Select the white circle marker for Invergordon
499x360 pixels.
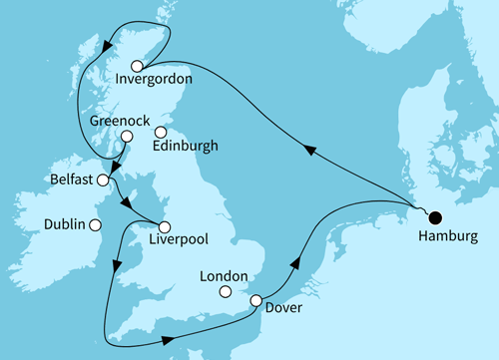tap(138, 65)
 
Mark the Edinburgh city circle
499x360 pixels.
tap(161, 131)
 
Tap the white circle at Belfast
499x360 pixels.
tap(102, 180)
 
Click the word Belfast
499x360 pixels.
tap(71, 180)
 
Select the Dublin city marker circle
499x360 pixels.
tap(95, 225)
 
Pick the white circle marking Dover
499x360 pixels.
tap(256, 301)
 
